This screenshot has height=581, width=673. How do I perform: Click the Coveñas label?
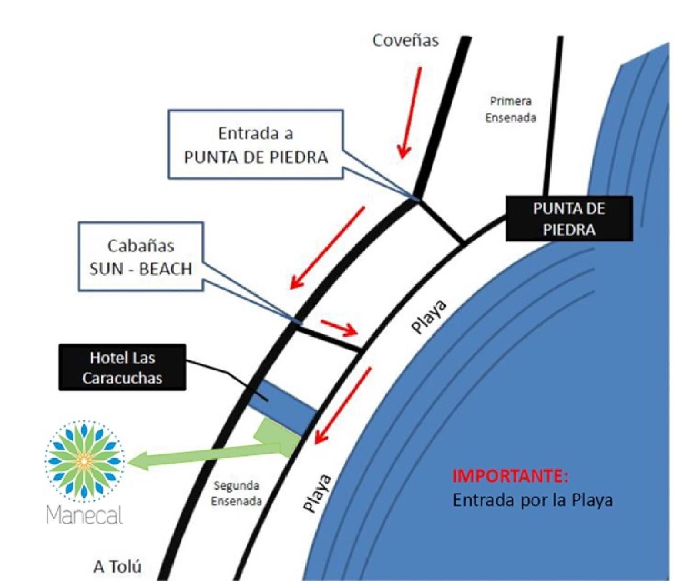click(405, 40)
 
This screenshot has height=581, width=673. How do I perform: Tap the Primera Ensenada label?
click(511, 109)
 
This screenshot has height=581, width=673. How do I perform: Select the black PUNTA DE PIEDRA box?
click(569, 219)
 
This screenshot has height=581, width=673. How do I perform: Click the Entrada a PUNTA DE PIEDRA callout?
click(256, 144)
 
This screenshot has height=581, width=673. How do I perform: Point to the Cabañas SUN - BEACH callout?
click(141, 257)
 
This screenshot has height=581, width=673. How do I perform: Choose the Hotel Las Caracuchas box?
click(123, 368)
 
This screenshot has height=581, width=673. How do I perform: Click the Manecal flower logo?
click(84, 461)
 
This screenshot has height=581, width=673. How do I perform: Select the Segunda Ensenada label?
click(237, 493)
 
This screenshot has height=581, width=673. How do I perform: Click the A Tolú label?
click(118, 567)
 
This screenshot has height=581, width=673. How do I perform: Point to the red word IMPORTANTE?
click(511, 476)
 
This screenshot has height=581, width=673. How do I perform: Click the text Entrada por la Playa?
click(533, 501)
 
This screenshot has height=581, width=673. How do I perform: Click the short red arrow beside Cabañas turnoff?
click(340, 328)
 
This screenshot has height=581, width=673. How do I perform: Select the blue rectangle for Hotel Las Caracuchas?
click(283, 407)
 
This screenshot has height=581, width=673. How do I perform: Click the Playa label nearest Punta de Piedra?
click(429, 317)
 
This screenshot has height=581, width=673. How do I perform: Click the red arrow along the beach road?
click(342, 406)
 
